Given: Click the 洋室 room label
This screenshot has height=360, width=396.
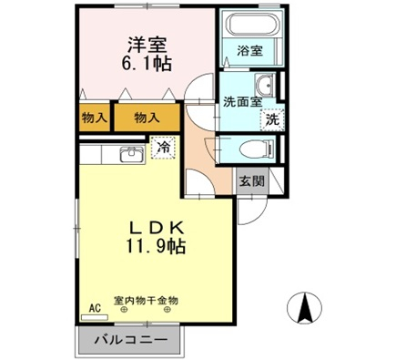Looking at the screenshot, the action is click(147, 46).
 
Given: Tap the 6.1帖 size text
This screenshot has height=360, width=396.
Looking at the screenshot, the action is click(147, 64).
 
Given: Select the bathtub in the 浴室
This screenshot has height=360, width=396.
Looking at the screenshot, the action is click(253, 25).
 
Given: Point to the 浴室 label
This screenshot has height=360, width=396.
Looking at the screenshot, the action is click(250, 51).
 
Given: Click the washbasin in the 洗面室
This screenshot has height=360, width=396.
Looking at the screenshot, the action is click(265, 85).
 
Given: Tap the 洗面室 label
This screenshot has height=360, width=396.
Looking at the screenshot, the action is click(243, 102).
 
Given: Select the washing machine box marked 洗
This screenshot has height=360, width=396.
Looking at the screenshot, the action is click(272, 120).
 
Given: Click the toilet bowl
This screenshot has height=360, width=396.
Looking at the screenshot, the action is click(257, 149).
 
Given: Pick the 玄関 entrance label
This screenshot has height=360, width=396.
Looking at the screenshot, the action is click(252, 181).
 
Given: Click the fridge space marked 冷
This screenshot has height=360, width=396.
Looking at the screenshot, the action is click(164, 148).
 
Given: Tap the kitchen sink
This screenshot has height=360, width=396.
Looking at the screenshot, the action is click(132, 154).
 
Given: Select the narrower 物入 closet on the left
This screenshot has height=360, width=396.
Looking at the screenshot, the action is click(95, 118).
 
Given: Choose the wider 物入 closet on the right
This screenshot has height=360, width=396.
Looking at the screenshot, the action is click(147, 118).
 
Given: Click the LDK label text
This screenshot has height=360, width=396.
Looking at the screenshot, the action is click(156, 227).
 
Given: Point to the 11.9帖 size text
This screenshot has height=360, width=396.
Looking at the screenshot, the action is click(156, 246).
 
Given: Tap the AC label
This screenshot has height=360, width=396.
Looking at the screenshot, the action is click(95, 308).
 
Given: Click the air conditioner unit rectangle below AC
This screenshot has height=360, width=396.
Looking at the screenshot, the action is click(95, 317).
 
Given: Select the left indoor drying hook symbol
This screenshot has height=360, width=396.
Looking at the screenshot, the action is click(124, 310).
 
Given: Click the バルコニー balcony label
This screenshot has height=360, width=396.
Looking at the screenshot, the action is click(131, 339).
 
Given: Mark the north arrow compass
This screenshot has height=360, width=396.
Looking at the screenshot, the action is click(304, 308).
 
